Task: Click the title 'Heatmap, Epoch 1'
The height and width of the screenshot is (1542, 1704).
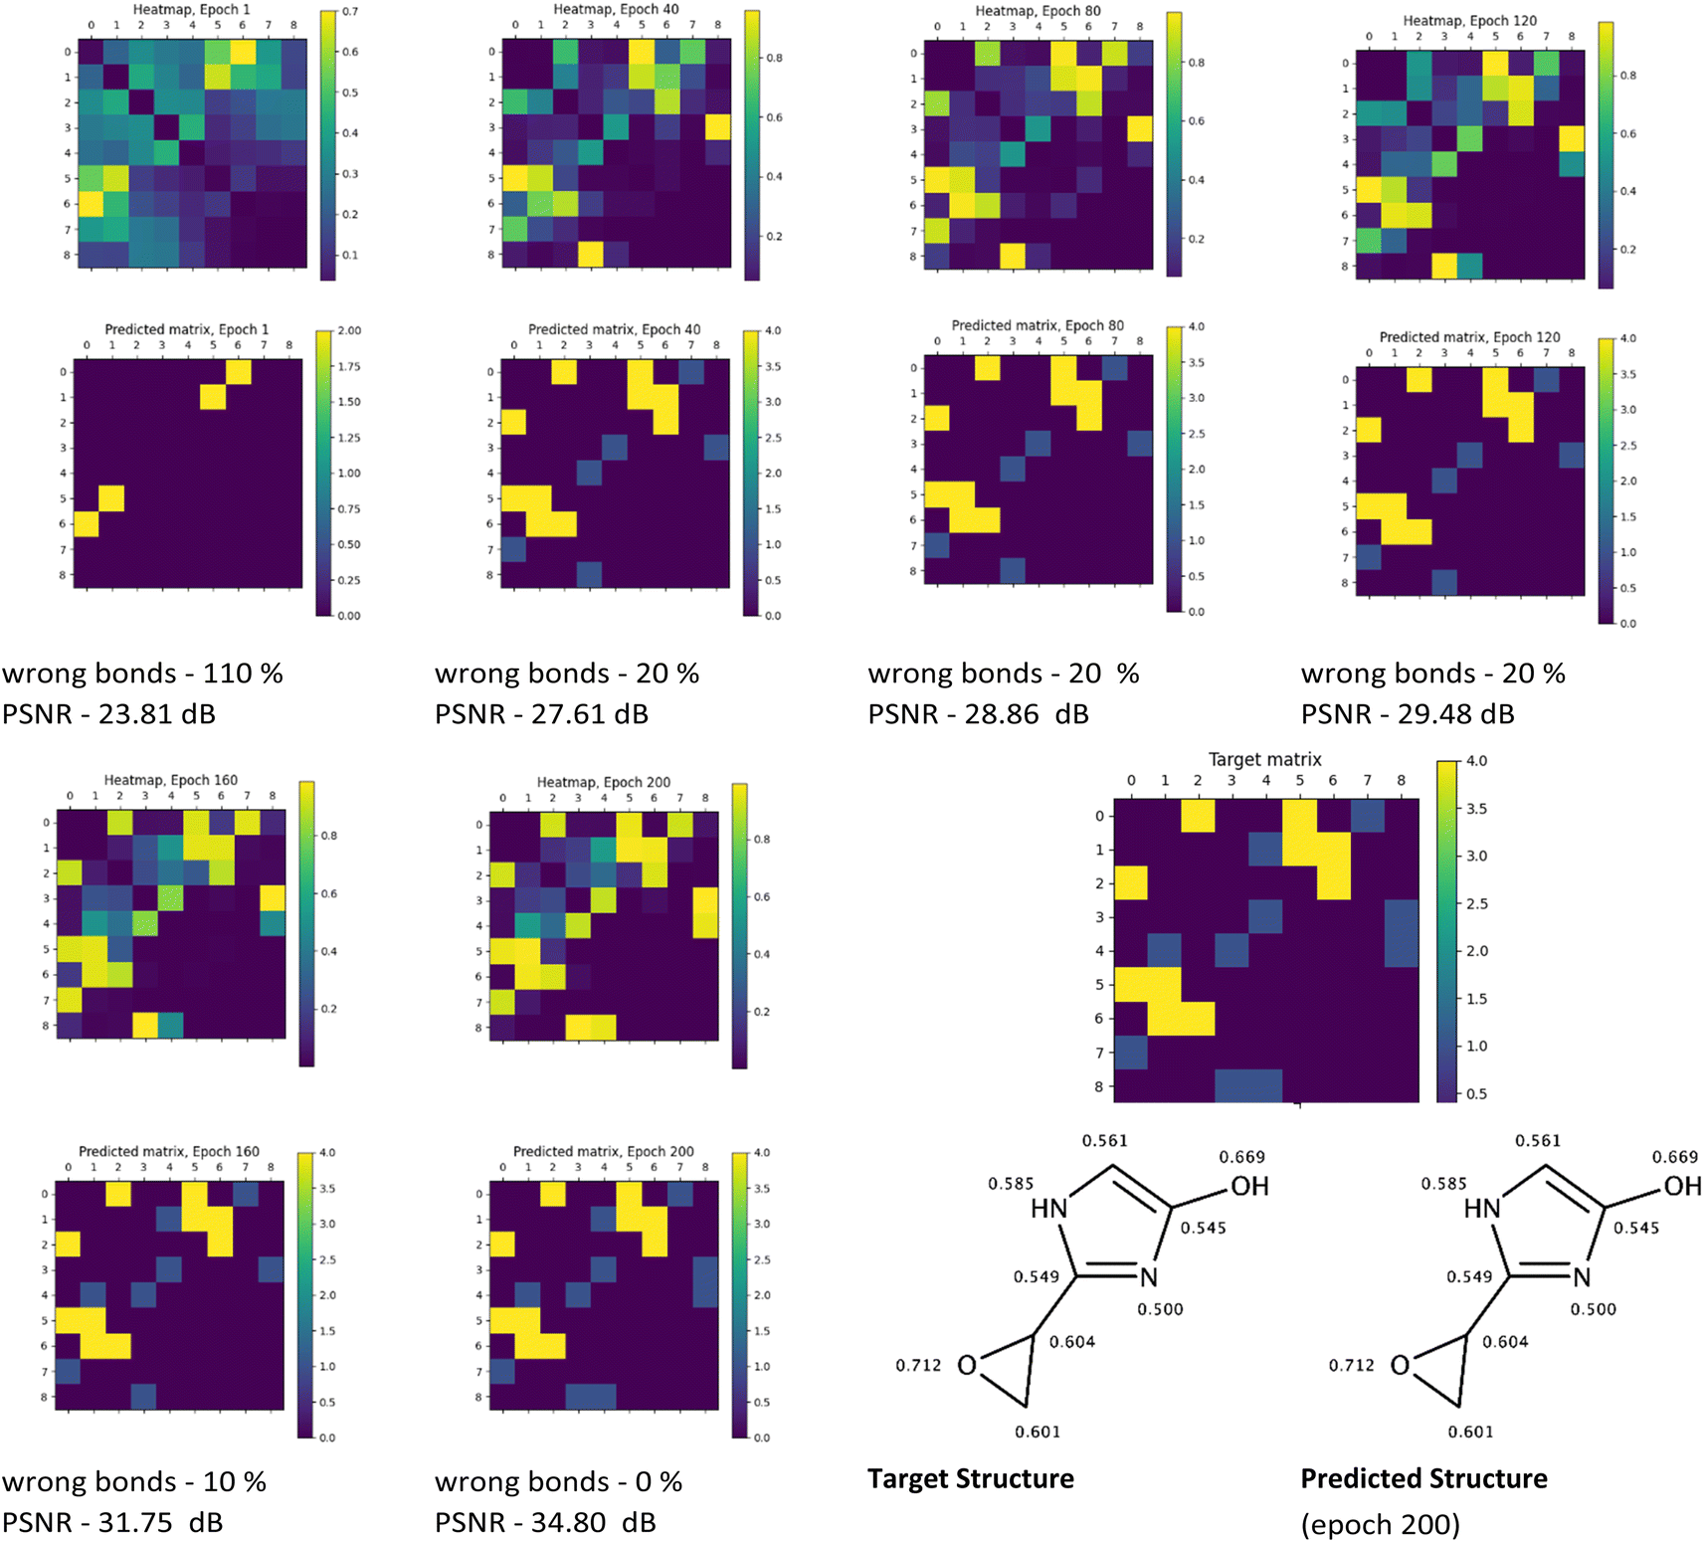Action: coord(192,10)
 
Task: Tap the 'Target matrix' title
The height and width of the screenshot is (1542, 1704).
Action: coord(1264,760)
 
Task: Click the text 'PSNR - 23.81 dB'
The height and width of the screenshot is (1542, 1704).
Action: coord(108,714)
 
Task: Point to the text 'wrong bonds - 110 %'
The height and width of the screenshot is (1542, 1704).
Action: coord(142,674)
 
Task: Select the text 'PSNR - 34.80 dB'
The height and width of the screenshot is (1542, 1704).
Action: coord(545,1522)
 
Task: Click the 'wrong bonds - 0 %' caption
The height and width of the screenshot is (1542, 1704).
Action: coord(558,1482)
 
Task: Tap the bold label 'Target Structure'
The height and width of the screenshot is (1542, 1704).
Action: coord(970,1479)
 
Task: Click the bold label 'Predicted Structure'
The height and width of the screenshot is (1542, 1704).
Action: coord(1423,1479)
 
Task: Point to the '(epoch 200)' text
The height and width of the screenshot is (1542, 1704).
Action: coord(1380,1524)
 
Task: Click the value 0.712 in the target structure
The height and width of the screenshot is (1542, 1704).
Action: coord(918,1365)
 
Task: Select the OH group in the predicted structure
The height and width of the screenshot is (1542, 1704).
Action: coord(1682,1186)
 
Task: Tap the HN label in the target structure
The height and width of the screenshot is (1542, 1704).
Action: coord(1048,1209)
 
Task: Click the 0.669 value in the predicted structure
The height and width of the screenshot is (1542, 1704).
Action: coord(1675,1157)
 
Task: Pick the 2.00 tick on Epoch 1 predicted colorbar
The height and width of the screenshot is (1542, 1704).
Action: coord(349,330)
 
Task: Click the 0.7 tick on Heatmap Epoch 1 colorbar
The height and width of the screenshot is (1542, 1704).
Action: coord(350,12)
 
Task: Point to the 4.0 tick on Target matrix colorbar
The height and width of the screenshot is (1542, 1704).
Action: coord(1477,761)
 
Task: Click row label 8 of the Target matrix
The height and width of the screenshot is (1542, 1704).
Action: coord(1099,1086)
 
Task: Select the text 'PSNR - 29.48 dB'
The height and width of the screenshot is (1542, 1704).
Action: coord(1408,714)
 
